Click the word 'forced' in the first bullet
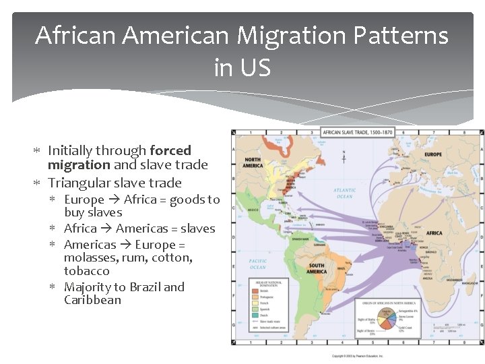click(170, 150)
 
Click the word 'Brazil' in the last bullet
click(138, 287)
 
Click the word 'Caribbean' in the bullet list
click(92, 300)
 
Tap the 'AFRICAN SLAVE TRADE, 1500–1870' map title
click(358, 133)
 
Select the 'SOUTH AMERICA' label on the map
click(316, 269)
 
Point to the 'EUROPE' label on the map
click(432, 154)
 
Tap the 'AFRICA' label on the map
click(434, 233)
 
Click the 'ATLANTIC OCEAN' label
click(344, 193)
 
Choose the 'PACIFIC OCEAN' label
click(258, 263)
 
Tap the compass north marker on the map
click(344, 156)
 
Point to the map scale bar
click(455, 328)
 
